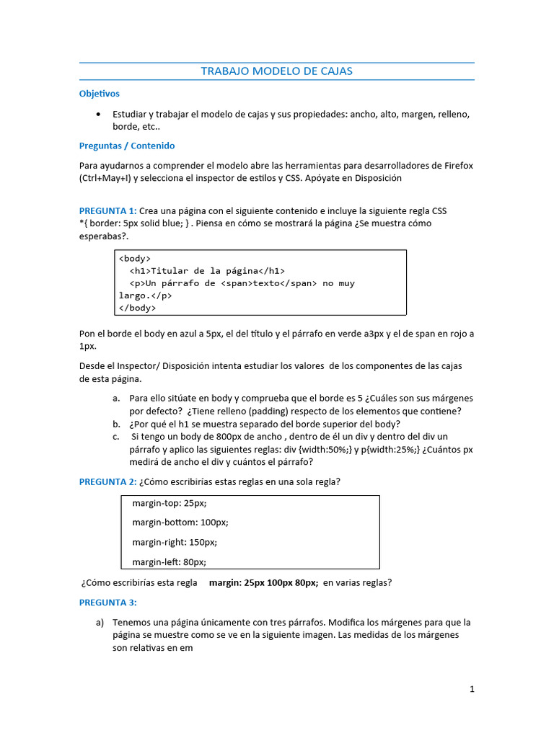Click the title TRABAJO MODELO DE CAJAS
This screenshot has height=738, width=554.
tap(276, 71)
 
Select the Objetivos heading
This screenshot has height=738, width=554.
tap(99, 94)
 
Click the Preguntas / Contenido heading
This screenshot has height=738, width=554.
tap(126, 146)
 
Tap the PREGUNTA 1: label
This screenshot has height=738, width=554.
tap(107, 211)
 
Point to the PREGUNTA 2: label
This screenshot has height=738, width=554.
tap(107, 481)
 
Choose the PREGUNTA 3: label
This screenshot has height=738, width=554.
tap(107, 602)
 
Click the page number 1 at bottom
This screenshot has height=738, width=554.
tap(472, 689)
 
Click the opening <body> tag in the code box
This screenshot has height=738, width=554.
tap(135, 258)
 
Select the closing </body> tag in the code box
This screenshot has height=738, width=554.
tap(137, 308)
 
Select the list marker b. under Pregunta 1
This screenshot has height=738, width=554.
tap(116, 424)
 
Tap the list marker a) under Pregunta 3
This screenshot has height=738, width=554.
tap(100, 622)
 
